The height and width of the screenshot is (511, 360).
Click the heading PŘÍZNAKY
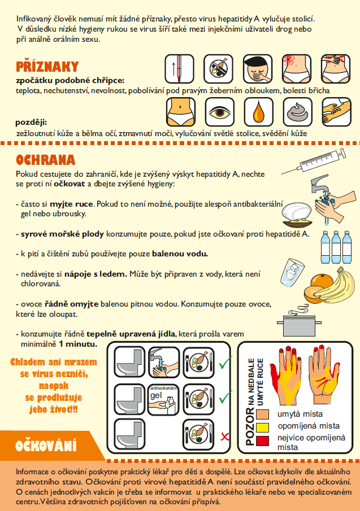(x=47, y=67)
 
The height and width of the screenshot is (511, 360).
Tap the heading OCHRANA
(x=46, y=160)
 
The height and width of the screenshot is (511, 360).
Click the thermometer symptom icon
(x=179, y=69)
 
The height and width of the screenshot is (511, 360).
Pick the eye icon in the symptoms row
(x=219, y=112)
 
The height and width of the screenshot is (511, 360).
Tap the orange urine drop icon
(x=259, y=112)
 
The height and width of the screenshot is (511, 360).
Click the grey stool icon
(x=298, y=112)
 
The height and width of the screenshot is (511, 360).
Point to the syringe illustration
(x=314, y=161)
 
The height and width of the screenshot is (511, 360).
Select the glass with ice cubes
(x=292, y=273)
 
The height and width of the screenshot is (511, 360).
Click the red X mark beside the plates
(x=225, y=436)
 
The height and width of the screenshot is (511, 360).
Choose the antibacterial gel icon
(x=163, y=400)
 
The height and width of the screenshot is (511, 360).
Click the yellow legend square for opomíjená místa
(x=262, y=427)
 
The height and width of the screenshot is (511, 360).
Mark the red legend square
(x=262, y=440)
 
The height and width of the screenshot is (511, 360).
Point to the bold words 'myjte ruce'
(x=71, y=204)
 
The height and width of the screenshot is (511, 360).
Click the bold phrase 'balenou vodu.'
(x=180, y=254)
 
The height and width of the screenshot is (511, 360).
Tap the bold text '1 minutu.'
(x=78, y=344)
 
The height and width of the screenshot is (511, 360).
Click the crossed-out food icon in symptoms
(x=219, y=69)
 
